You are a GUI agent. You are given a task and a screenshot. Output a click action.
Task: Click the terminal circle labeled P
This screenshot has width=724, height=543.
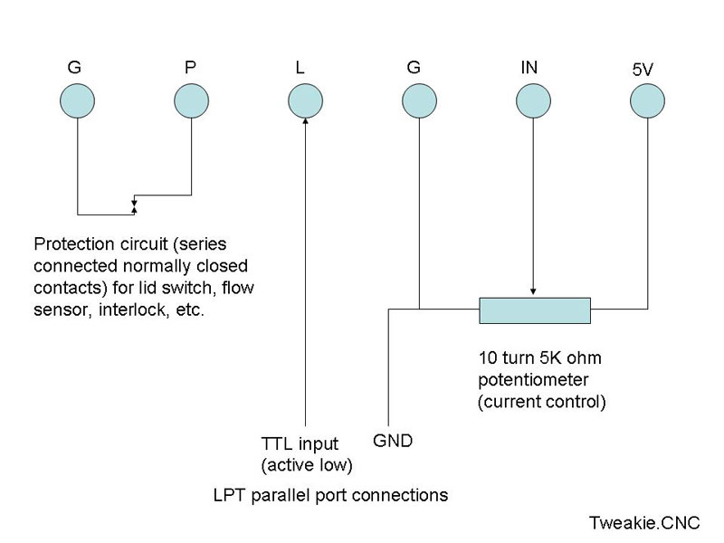point(190,101)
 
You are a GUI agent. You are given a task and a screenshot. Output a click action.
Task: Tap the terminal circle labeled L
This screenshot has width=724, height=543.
point(305,101)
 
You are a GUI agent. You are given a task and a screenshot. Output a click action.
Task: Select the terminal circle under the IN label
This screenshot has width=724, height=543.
point(533,101)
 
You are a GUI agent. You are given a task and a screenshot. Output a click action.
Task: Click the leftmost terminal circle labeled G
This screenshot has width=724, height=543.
point(78,101)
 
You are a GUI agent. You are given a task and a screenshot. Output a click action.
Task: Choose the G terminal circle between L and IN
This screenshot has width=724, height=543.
point(418,101)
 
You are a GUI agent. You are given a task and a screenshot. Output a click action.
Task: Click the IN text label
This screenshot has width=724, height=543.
point(531,67)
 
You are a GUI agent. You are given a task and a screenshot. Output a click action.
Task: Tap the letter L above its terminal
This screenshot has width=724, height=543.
point(300,67)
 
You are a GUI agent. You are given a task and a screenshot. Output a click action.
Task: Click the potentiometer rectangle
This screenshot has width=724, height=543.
point(534,310)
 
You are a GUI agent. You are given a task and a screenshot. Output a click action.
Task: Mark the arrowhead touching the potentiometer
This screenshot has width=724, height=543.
point(533,291)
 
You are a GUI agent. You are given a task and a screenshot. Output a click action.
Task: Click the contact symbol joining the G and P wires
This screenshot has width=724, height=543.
point(134,205)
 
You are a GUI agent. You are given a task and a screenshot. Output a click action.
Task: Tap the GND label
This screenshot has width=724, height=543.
point(393,442)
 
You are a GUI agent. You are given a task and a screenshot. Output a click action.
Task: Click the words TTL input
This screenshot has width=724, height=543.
point(300,444)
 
